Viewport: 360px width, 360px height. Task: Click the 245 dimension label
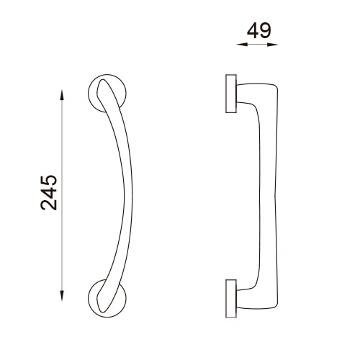pos(49,193)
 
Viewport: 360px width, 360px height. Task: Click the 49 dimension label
pos(259,31)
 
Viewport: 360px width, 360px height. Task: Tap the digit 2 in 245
pos(49,205)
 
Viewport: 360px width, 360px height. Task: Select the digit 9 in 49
pos(265,31)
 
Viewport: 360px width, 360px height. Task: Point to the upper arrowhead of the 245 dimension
pos(62,95)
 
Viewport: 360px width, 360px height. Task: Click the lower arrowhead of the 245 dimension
pos(62,295)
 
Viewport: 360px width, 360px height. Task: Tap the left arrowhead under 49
pos(242,45)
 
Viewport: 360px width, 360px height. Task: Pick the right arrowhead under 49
pos(272,45)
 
